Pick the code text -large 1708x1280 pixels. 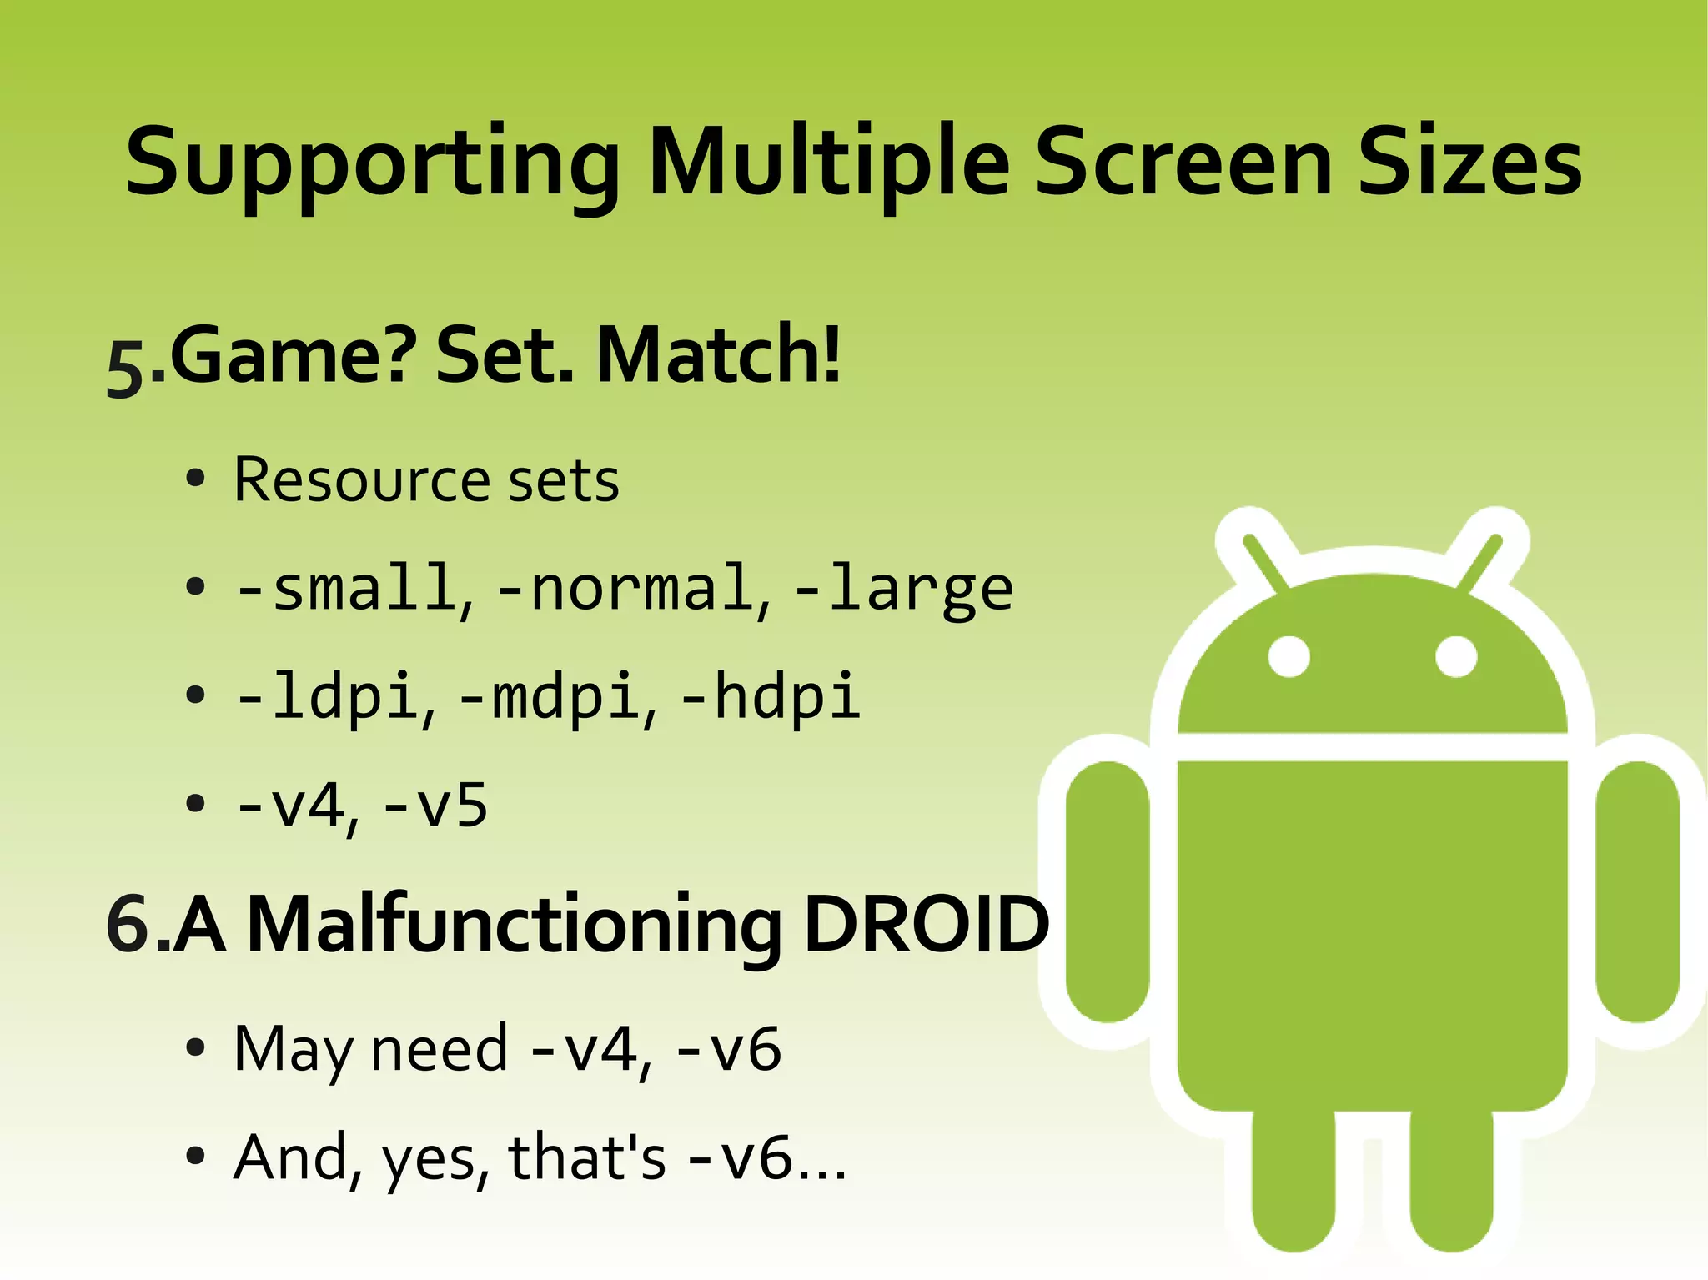pyautogui.click(x=905, y=589)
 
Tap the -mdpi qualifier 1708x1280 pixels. pyautogui.click(x=549, y=697)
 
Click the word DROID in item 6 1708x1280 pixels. pyautogui.click(x=926, y=924)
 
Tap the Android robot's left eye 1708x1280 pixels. pyautogui.click(x=1289, y=656)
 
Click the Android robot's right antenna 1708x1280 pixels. pyautogui.click(x=1481, y=562)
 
